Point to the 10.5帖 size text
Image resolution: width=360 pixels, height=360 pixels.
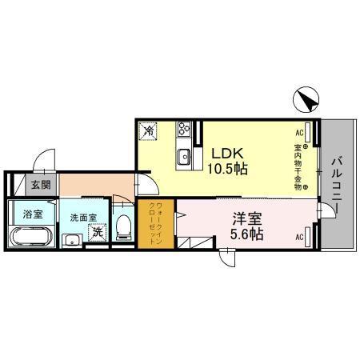227,169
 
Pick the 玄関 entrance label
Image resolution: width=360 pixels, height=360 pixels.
40,185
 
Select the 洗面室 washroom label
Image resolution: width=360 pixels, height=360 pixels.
82,216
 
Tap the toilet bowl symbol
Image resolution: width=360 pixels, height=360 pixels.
122,227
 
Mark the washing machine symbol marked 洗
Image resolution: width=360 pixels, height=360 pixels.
96,233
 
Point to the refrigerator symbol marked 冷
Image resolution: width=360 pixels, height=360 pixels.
149,130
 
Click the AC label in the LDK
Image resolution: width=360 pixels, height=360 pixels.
301,132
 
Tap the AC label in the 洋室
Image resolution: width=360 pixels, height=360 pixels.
301,237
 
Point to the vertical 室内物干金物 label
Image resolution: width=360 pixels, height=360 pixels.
297,168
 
